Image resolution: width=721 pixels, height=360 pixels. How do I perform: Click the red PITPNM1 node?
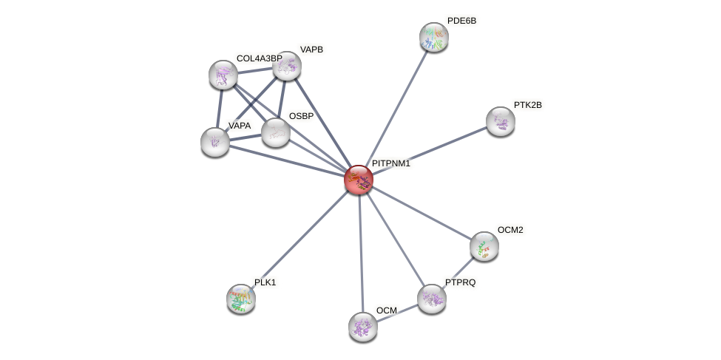[359, 180]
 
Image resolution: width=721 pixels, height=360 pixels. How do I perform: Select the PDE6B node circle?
[434, 37]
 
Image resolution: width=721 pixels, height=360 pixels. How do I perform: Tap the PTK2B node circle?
[501, 121]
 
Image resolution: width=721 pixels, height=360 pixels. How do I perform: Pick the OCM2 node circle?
[484, 246]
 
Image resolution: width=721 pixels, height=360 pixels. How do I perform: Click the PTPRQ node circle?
[432, 299]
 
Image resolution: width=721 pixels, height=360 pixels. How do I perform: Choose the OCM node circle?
[363, 326]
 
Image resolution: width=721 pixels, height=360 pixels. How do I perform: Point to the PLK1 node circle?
[241, 298]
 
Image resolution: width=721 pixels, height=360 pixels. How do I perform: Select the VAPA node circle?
[215, 142]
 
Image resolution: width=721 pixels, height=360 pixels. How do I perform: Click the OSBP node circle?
[276, 132]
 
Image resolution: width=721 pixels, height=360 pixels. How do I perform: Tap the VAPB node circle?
[287, 66]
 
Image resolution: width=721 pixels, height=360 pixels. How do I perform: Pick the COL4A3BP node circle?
[223, 75]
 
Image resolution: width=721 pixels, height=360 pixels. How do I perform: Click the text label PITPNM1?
[390, 163]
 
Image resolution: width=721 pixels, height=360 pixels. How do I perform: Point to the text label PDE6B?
[461, 21]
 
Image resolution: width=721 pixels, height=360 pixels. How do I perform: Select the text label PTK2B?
[527, 105]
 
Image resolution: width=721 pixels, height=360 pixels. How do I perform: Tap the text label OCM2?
[510, 230]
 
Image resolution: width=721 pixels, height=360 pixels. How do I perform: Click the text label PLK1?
[265, 282]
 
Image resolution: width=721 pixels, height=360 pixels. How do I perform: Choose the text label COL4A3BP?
[259, 58]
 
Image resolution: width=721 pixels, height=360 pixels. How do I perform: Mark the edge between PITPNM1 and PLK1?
[299, 239]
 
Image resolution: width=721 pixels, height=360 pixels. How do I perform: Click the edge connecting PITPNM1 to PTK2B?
[430, 150]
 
